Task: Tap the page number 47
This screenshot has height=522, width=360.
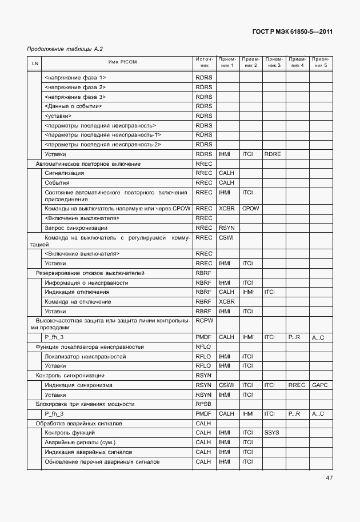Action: pos(329,478)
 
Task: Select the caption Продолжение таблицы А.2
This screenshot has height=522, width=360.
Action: pos(65,49)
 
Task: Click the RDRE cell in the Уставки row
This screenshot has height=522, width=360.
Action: pos(272,154)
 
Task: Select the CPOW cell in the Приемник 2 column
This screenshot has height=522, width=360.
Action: pos(250,209)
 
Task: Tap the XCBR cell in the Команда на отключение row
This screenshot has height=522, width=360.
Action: pos(227,301)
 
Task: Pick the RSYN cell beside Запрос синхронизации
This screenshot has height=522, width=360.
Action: pos(227,228)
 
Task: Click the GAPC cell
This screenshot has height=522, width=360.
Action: pos(319,385)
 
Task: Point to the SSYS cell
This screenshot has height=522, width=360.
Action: pos(272,433)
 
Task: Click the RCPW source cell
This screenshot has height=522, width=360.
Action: pos(204,321)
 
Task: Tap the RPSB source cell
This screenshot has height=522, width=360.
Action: pos(204,404)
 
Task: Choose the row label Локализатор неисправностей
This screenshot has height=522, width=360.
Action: pos(85,356)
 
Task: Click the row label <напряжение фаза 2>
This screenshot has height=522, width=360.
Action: pos(75,87)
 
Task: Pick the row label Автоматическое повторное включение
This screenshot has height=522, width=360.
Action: pos(88,164)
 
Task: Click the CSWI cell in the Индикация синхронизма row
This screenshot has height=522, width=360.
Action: pos(227,385)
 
